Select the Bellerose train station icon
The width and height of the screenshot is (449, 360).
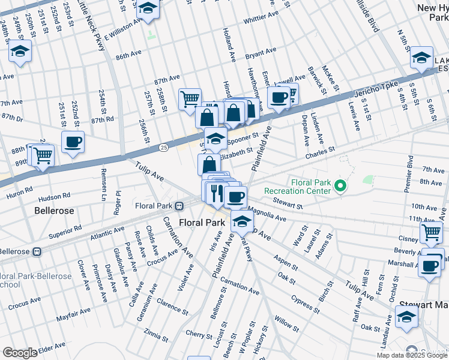tap(37, 251)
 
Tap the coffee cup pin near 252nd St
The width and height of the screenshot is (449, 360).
tap(73, 143)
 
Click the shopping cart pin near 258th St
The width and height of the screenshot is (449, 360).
tap(190, 98)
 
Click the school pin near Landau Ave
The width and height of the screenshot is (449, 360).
tap(406, 317)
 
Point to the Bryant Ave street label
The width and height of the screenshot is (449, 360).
tap(261, 53)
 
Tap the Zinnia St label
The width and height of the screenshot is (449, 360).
tap(156, 332)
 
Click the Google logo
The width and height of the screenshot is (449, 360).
tap(20, 353)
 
